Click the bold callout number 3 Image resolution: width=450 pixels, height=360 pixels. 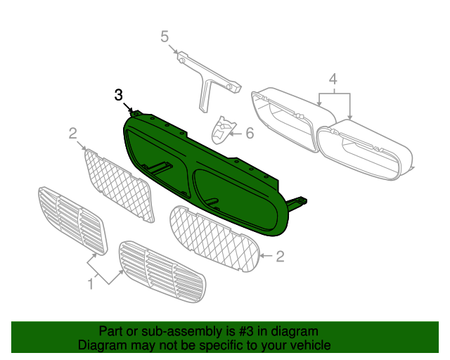119,95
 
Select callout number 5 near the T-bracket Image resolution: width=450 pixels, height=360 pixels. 165,37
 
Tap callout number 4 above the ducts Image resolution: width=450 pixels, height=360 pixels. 333,79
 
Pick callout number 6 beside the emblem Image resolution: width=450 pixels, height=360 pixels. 250,133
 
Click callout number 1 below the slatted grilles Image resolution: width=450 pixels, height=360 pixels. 91,284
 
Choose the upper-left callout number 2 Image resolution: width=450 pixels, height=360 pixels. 73,134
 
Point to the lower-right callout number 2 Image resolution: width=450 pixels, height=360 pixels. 280,257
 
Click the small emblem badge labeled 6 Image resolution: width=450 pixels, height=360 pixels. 224,130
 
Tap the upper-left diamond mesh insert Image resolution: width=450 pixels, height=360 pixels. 118,186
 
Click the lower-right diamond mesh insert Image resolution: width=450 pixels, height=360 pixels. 214,239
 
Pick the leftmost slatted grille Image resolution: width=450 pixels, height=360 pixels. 72,221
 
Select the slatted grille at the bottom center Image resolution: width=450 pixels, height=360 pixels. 162,272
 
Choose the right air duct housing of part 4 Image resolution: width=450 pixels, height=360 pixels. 364,150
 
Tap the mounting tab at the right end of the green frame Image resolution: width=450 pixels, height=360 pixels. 297,202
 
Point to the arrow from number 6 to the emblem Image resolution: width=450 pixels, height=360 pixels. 237,134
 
